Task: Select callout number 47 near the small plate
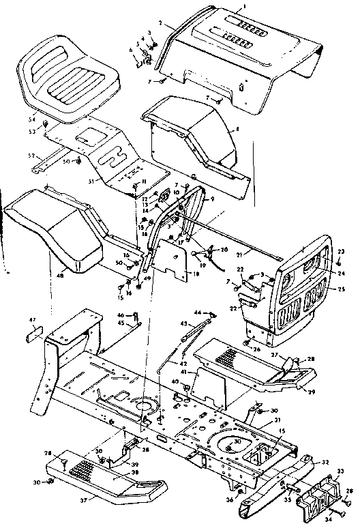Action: click(31, 319)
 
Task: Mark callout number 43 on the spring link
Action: click(183, 323)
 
